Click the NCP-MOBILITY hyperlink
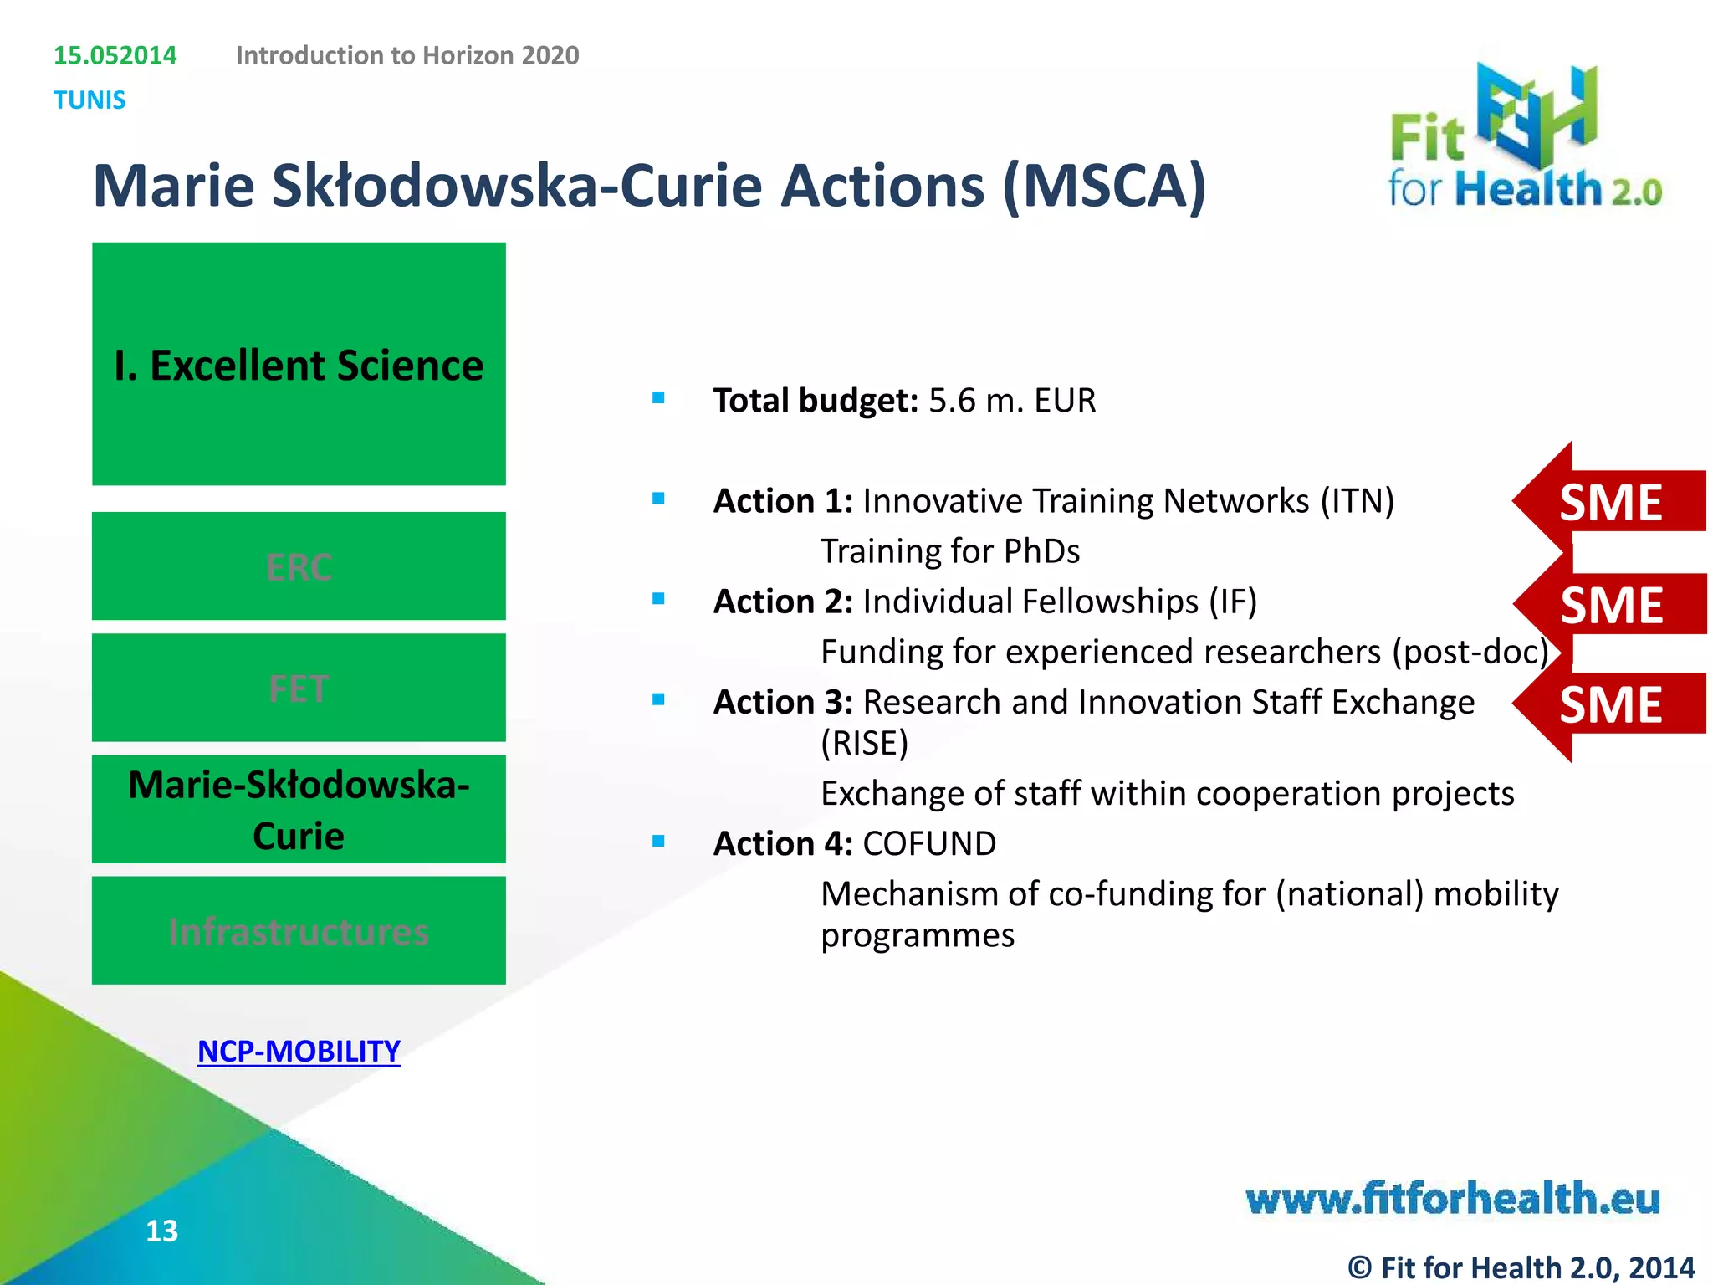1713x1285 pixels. pyautogui.click(x=299, y=1052)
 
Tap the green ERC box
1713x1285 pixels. pyautogui.click(x=299, y=566)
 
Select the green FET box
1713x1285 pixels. pyautogui.click(x=299, y=688)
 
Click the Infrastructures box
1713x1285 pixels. pyautogui.click(x=299, y=930)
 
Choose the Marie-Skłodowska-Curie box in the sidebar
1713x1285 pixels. pyautogui.click(x=299, y=809)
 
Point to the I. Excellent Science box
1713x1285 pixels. pyautogui.click(x=299, y=364)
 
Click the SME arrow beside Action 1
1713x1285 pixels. pyautogui.click(x=1610, y=502)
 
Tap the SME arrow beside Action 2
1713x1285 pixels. pyautogui.click(x=1610, y=604)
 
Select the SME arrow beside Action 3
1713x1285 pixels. pyautogui.click(x=1610, y=704)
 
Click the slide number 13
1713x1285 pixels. pyautogui.click(x=161, y=1231)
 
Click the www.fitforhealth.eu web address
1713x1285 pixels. pyautogui.click(x=1453, y=1198)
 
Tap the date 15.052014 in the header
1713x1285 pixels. pyautogui.click(x=115, y=55)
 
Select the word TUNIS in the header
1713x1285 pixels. pyautogui.click(x=89, y=100)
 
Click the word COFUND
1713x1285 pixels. pyautogui.click(x=929, y=843)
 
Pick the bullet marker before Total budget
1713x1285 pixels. pyautogui.click(x=658, y=398)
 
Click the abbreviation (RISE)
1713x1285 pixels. pyautogui.click(x=864, y=743)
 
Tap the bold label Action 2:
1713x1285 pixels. pyautogui.click(x=783, y=602)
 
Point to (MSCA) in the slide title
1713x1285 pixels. pyautogui.click(x=1104, y=186)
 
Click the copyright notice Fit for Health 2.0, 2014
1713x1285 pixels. pyautogui.click(x=1521, y=1267)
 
